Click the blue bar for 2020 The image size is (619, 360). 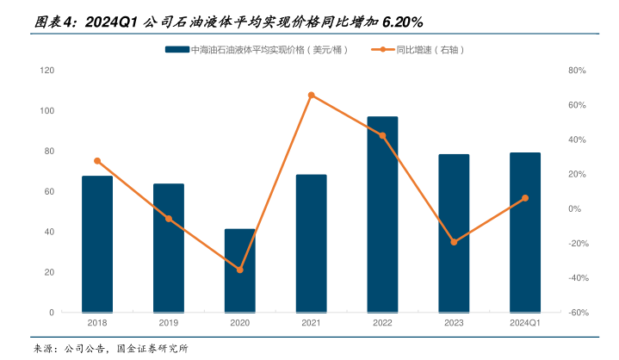pyautogui.click(x=240, y=270)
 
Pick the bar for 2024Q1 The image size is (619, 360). pyautogui.click(x=525, y=233)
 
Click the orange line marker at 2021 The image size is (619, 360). pyautogui.click(x=312, y=95)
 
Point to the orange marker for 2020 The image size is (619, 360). pyautogui.click(x=240, y=270)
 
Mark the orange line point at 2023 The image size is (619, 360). pyautogui.click(x=454, y=242)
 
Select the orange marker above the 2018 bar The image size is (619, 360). pyautogui.click(x=97, y=161)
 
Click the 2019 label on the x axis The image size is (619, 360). pyautogui.click(x=169, y=323)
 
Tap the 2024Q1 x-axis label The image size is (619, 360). pyautogui.click(x=525, y=323)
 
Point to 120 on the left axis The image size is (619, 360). pyautogui.click(x=47, y=71)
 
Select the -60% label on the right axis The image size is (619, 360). pyautogui.click(x=578, y=313)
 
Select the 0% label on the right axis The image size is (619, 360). pyautogui.click(x=574, y=208)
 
